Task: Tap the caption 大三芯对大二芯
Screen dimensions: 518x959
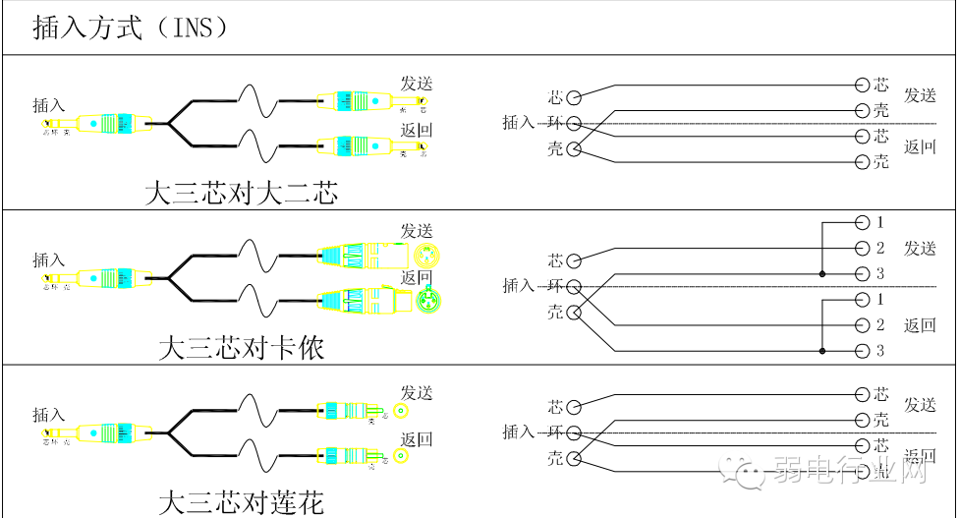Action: [241, 193]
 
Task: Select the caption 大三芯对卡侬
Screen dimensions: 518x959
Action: [241, 348]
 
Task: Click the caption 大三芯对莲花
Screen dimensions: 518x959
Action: [241, 503]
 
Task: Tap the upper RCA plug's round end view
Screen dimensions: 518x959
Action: [401, 413]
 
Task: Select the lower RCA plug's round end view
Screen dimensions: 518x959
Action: [401, 455]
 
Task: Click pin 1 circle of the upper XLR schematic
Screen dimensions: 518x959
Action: [862, 223]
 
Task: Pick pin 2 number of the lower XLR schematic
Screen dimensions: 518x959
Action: [880, 325]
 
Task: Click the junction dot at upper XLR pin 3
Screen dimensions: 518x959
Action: [821, 273]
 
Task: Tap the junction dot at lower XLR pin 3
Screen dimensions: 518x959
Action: [821, 351]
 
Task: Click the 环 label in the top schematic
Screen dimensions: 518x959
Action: [556, 123]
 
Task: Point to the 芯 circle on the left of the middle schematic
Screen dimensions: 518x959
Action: [575, 261]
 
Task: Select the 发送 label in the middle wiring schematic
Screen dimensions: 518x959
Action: [920, 248]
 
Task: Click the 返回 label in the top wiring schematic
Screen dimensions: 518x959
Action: [920, 148]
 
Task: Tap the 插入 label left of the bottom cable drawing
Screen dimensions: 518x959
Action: [48, 415]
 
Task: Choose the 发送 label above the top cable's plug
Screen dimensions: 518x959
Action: [416, 85]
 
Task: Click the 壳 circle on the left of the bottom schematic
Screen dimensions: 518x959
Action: [575, 459]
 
